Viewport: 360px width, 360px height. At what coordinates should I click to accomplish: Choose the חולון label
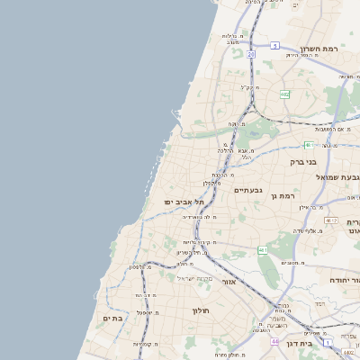click(200, 310)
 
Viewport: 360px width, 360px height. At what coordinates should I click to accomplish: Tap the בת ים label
click(112, 318)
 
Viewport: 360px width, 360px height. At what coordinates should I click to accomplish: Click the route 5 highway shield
click(274, 45)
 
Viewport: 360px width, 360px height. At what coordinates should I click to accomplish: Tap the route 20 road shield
click(251, 55)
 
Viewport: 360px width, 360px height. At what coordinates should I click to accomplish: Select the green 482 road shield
click(284, 94)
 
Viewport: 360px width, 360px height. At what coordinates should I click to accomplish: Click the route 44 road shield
click(274, 342)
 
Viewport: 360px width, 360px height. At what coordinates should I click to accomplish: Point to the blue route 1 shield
click(328, 343)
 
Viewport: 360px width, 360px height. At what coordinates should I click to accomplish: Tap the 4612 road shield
click(331, 220)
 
